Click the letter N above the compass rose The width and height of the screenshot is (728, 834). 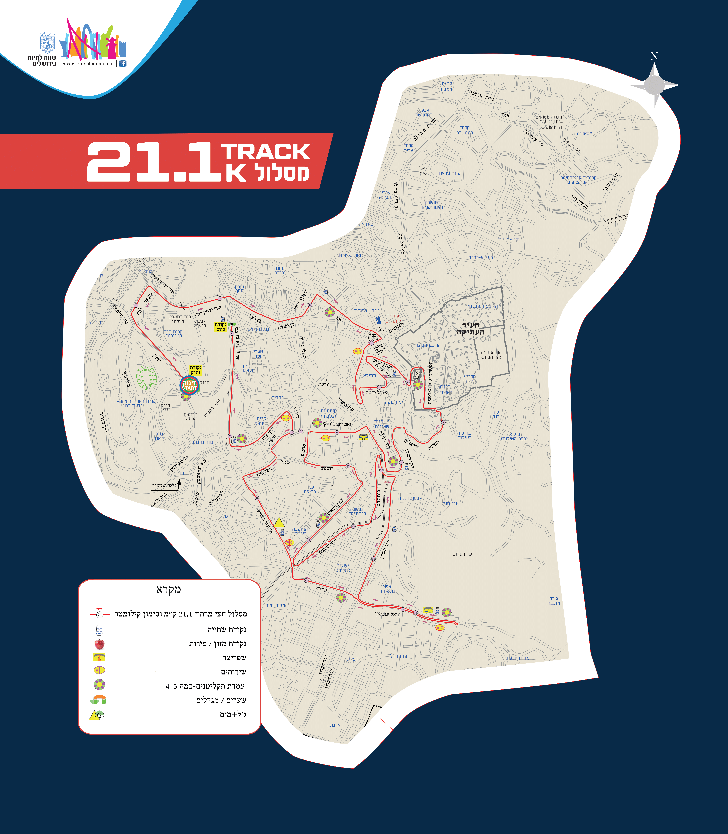[x=654, y=57]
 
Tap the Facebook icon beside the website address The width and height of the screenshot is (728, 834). [x=123, y=63]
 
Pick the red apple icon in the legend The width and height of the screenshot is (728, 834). [x=99, y=644]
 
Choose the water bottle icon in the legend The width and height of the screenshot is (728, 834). [x=99, y=629]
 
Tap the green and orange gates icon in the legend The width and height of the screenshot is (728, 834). [x=98, y=700]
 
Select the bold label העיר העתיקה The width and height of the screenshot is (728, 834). [x=470, y=328]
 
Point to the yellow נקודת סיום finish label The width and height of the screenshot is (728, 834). [x=220, y=327]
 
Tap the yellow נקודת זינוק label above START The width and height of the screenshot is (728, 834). [x=195, y=370]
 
